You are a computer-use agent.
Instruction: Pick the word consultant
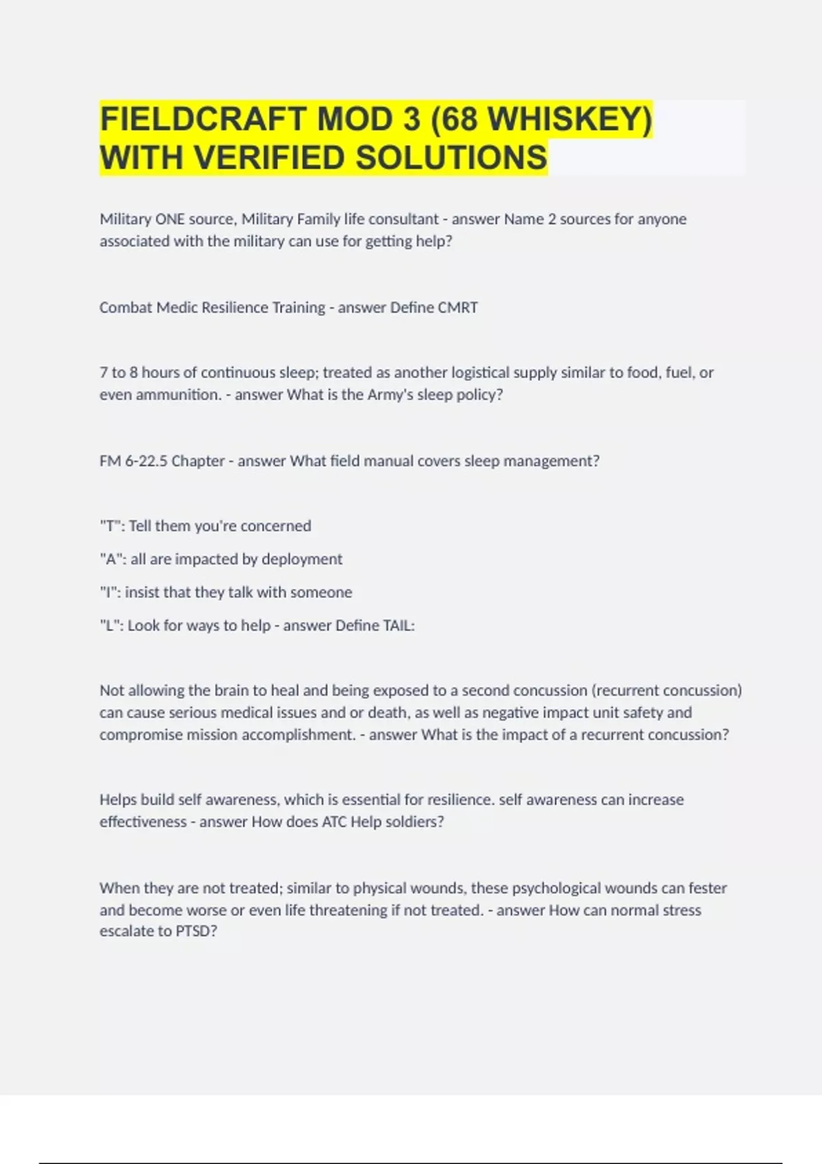(403, 219)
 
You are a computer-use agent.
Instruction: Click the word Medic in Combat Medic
(174, 307)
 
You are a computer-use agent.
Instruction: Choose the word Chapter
(198, 461)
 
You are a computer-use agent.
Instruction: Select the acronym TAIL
(399, 625)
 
